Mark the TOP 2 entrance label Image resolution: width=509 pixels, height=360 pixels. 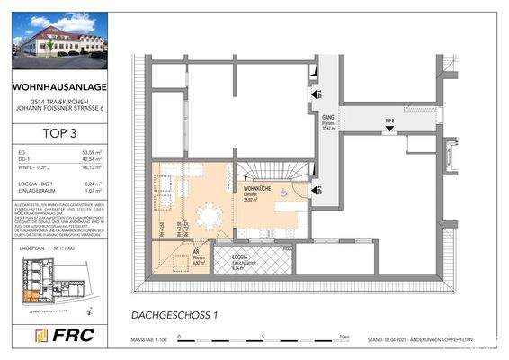click(x=388, y=120)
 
